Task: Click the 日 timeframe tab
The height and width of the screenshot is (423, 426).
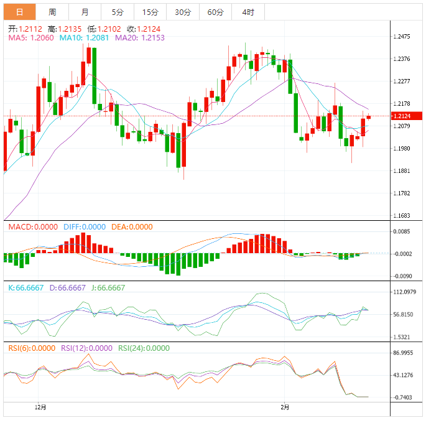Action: point(20,12)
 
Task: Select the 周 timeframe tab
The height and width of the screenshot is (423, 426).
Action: point(52,12)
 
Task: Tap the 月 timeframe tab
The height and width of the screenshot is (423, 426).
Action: point(85,12)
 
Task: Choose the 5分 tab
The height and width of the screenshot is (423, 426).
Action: point(117,12)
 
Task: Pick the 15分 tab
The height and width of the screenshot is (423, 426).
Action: point(150,12)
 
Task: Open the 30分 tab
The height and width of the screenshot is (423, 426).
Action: point(183,12)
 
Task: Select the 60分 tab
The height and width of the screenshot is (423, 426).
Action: point(215,12)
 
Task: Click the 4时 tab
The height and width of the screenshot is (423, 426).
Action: point(248,12)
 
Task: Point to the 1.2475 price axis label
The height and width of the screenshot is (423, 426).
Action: point(402,37)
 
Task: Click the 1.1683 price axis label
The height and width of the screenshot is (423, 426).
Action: point(402,216)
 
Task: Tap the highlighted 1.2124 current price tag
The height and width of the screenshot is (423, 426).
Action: point(406,116)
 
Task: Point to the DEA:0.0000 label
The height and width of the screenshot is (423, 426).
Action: point(131,227)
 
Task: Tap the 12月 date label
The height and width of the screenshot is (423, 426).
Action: point(40,407)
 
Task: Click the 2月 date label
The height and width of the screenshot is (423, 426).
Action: point(284,407)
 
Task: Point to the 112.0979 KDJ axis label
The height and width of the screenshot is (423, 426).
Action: point(405,292)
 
